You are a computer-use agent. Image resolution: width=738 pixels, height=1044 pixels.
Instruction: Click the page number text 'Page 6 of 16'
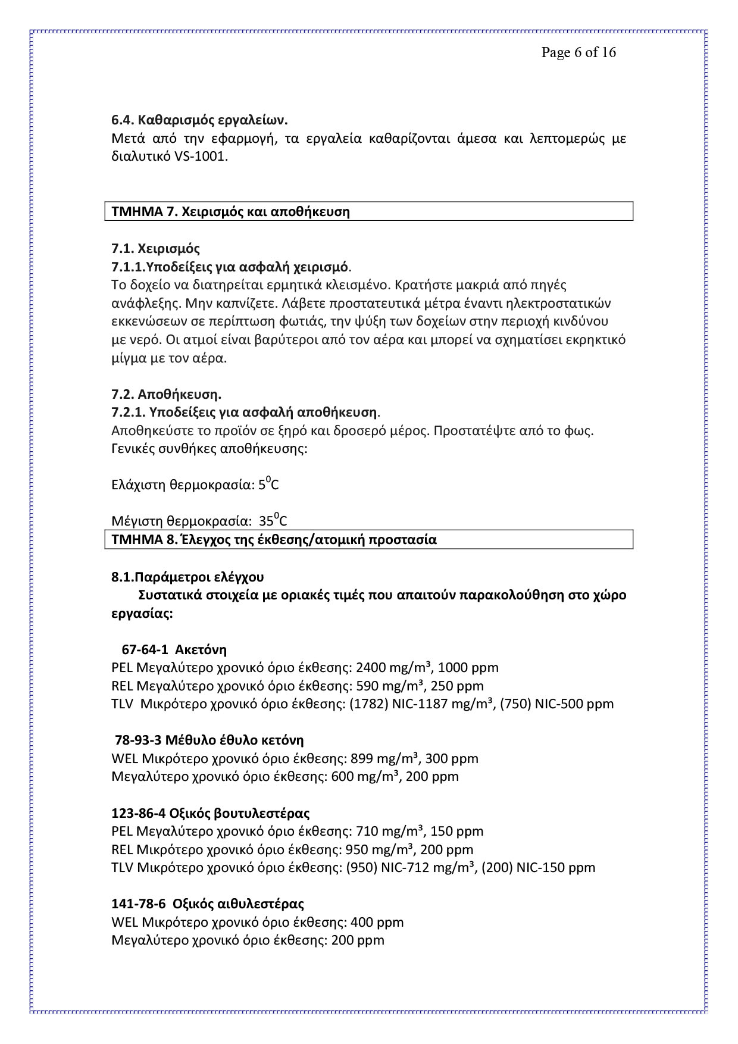click(578, 53)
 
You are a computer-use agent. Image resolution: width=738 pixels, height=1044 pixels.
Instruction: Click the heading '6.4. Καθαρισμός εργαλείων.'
click(199, 120)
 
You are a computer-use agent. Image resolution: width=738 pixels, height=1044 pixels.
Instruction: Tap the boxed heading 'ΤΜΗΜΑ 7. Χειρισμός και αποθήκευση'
click(230, 212)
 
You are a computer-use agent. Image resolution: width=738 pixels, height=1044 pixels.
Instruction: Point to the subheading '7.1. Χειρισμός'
click(155, 248)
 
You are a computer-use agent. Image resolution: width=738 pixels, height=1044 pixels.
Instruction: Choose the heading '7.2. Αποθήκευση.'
click(166, 394)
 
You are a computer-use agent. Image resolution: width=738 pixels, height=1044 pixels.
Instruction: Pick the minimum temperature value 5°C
click(268, 485)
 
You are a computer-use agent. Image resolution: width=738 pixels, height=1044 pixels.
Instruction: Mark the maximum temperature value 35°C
click(273, 521)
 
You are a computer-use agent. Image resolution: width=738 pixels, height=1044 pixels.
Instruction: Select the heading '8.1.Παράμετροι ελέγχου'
click(187, 577)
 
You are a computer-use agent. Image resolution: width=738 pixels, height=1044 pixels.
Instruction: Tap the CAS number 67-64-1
click(145, 649)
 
